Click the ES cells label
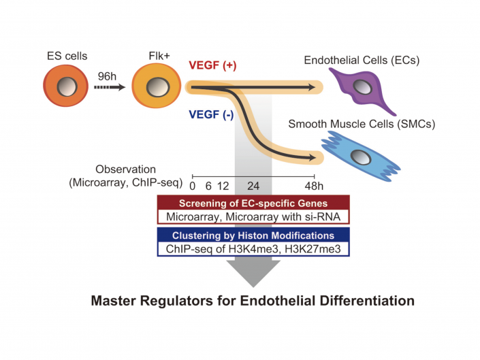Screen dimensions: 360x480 pos(66,55)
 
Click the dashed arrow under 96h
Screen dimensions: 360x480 pos(110,87)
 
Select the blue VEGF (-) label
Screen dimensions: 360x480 pos(212,114)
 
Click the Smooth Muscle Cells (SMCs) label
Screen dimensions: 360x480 pos(362,124)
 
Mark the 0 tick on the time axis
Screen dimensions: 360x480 pos(193,184)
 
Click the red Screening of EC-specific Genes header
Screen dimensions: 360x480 pos(253,203)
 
